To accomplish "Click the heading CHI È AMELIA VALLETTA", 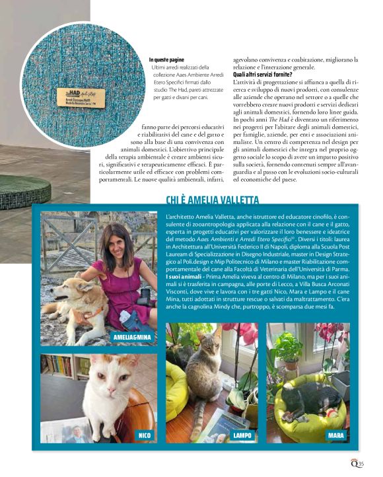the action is [212, 201].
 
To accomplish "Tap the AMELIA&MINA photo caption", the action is [131, 338].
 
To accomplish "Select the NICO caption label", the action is [143, 435].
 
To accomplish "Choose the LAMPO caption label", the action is [242, 435].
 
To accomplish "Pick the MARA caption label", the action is [336, 435].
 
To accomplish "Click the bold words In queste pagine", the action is [168, 60].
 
